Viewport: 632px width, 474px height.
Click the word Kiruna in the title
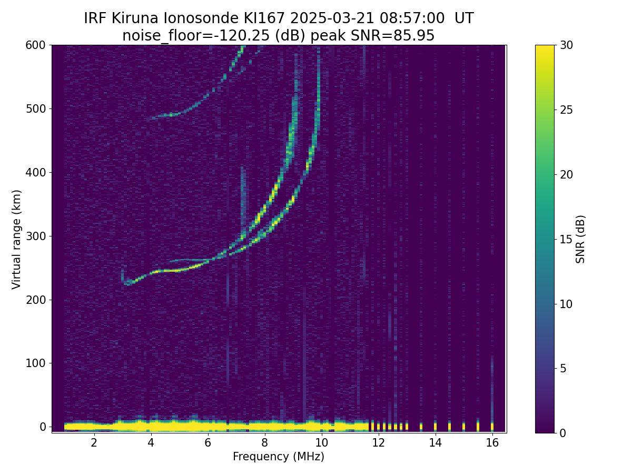(135, 18)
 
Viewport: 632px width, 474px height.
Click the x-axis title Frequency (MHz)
(279, 457)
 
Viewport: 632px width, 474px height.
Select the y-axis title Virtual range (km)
(17, 239)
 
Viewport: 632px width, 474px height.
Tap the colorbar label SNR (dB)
(580, 239)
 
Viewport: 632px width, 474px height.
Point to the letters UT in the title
(464, 18)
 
